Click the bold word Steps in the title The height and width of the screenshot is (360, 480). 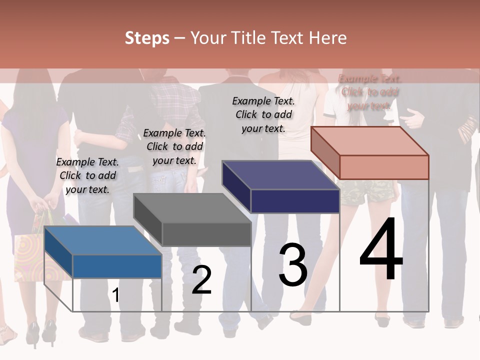tap(147, 38)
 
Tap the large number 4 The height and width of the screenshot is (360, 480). tap(381, 250)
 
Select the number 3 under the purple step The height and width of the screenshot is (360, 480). tap(293, 265)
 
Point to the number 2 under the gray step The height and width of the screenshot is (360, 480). tap(202, 280)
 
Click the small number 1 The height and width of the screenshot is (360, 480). tap(116, 295)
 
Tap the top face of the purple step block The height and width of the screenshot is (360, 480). tap(280, 175)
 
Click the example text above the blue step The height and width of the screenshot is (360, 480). tap(88, 175)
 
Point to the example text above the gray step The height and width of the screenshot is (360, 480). tap(174, 146)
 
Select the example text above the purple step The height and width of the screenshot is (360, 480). tap(263, 114)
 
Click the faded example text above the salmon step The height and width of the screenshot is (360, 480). tap(370, 92)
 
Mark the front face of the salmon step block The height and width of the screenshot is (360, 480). tap(384, 167)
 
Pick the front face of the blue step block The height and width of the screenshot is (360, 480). tap(117, 266)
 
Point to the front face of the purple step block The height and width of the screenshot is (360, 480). tap(295, 201)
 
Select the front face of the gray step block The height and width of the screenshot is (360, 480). tap(206, 234)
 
